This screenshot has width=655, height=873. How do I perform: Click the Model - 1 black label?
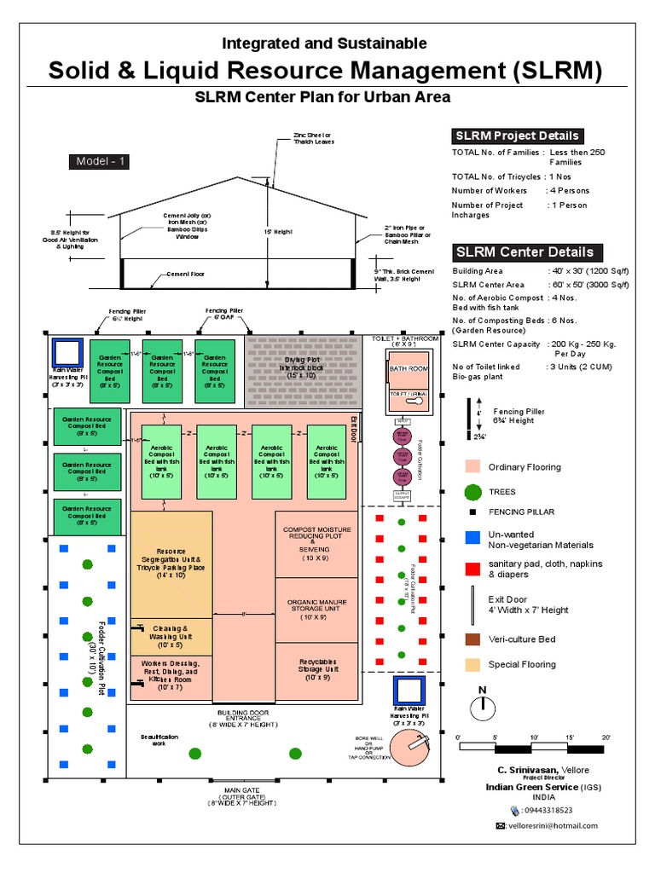[x=99, y=162]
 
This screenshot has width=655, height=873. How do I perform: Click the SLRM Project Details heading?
[x=518, y=136]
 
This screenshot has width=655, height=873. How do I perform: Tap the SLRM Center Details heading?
[x=525, y=252]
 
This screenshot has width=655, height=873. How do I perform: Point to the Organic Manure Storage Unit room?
[x=317, y=610]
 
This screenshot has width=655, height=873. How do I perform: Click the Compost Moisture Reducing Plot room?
[x=317, y=544]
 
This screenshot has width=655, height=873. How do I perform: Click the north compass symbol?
[x=483, y=708]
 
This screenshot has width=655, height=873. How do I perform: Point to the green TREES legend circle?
[x=472, y=492]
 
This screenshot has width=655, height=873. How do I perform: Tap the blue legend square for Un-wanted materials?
[x=472, y=539]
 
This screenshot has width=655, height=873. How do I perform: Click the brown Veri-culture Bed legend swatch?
[x=472, y=639]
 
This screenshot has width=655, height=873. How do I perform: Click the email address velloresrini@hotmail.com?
[x=552, y=826]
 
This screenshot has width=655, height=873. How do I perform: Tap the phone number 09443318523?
[x=548, y=811]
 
